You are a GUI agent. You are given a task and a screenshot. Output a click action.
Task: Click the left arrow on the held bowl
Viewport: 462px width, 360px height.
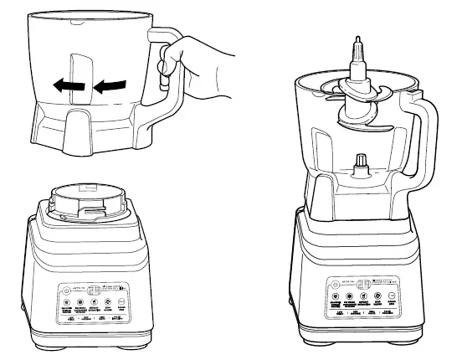click(x=62, y=85)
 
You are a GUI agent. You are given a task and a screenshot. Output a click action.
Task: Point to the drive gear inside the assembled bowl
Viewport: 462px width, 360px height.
click(x=361, y=163)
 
